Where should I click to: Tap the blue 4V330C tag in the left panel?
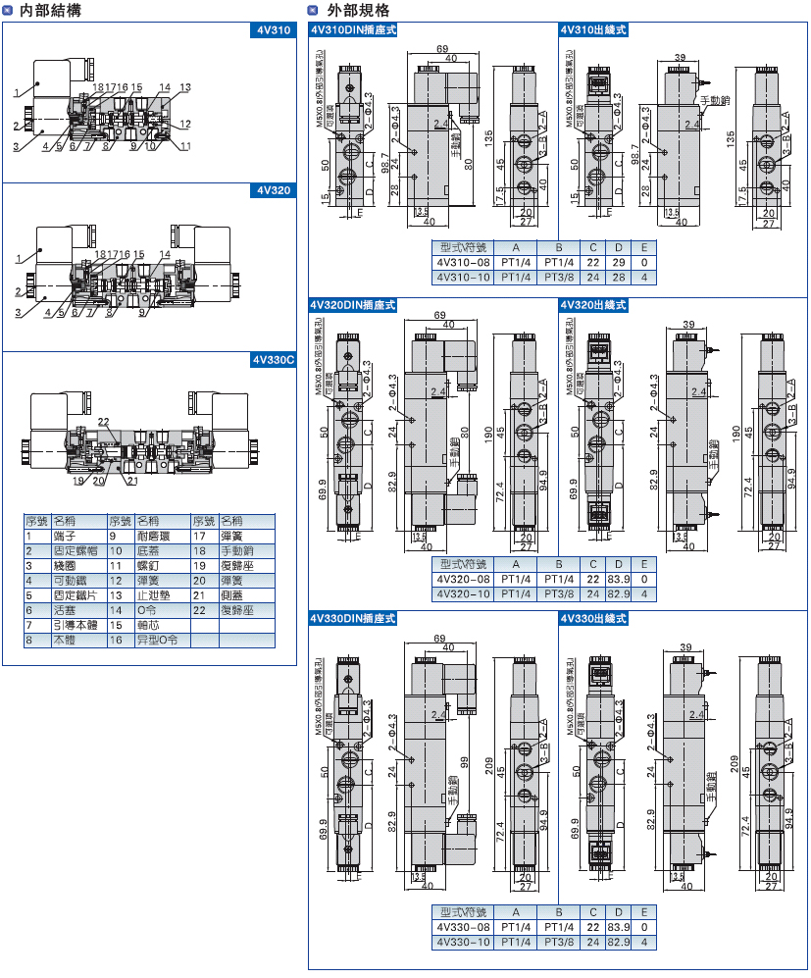click(x=274, y=360)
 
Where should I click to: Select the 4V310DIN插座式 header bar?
click(x=352, y=30)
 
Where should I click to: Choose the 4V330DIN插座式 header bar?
click(x=352, y=619)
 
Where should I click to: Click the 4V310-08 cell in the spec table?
click(x=462, y=262)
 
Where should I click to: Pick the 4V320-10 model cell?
click(x=462, y=593)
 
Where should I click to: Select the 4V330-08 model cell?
click(x=462, y=927)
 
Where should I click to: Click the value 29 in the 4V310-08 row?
click(x=618, y=262)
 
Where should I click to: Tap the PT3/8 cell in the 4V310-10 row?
click(x=559, y=278)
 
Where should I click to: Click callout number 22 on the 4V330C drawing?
click(x=103, y=422)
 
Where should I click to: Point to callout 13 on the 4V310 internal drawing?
click(x=184, y=87)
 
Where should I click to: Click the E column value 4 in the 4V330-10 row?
click(x=643, y=943)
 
